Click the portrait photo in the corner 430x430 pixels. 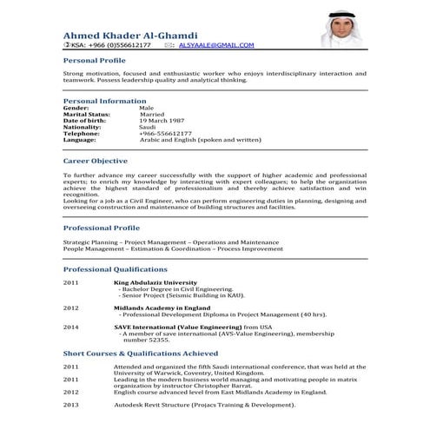point(339,29)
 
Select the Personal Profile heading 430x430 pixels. point(95,61)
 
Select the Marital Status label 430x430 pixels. point(87,114)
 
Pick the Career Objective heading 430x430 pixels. point(96,161)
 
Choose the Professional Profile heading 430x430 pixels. point(103,228)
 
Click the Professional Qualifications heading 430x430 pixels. point(116,269)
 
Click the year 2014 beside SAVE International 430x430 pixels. point(71,327)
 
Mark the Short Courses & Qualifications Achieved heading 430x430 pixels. point(141,354)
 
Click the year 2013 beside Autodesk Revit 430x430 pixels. point(71,405)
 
